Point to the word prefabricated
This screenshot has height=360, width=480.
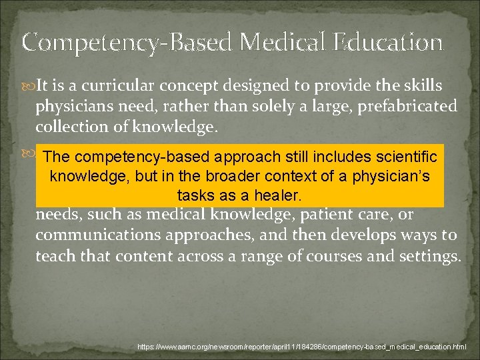tap(402, 106)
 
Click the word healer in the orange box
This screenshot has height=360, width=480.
tap(276, 195)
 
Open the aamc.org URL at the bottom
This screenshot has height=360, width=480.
tap(302, 347)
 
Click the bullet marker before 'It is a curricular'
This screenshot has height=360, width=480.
tap(27, 86)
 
